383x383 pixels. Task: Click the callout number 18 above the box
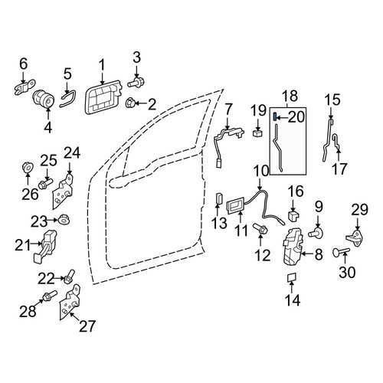(x=290, y=96)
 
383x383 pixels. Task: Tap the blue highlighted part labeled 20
(x=274, y=116)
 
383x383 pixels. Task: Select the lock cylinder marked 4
(x=44, y=100)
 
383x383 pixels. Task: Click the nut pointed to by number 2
(x=129, y=103)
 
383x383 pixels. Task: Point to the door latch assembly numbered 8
(x=293, y=247)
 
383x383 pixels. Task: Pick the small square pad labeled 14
(x=292, y=277)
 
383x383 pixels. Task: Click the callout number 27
(x=87, y=326)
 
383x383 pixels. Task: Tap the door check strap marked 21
(x=45, y=245)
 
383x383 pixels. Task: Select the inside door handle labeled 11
(x=236, y=205)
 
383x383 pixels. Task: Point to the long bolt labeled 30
(x=342, y=252)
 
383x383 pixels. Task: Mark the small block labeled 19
(x=257, y=133)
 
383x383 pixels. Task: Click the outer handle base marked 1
(x=103, y=97)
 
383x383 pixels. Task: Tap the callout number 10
(x=261, y=171)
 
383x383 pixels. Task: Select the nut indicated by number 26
(x=28, y=167)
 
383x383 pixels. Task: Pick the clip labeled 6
(x=24, y=87)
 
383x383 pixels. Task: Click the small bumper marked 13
(x=219, y=198)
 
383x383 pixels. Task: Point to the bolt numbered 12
(x=260, y=228)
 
